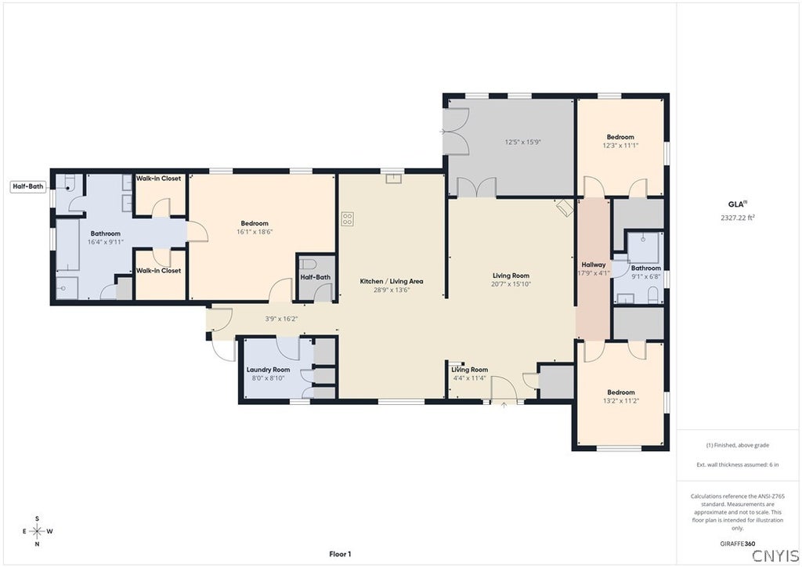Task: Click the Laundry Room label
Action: tap(268, 370)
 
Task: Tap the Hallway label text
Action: tap(594, 265)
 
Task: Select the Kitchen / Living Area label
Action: tap(392, 281)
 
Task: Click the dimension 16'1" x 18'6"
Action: tap(255, 232)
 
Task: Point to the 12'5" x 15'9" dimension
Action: tap(522, 142)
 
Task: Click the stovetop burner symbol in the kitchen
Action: tap(347, 218)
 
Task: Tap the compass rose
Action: tap(38, 531)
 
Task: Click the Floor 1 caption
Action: tap(340, 554)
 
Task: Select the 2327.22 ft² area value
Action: tap(738, 217)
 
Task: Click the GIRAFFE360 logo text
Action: tap(738, 544)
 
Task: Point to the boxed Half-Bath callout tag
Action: tap(28, 186)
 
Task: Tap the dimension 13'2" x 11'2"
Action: tap(621, 401)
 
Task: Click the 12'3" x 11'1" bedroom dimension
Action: tap(620, 145)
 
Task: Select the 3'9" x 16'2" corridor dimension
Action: tap(281, 319)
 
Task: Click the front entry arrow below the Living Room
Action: tap(504, 406)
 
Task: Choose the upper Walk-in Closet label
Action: tap(158, 179)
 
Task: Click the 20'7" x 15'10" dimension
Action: tap(511, 283)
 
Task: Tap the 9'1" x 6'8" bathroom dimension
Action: tap(646, 276)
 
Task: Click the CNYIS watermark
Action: tap(775, 555)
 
